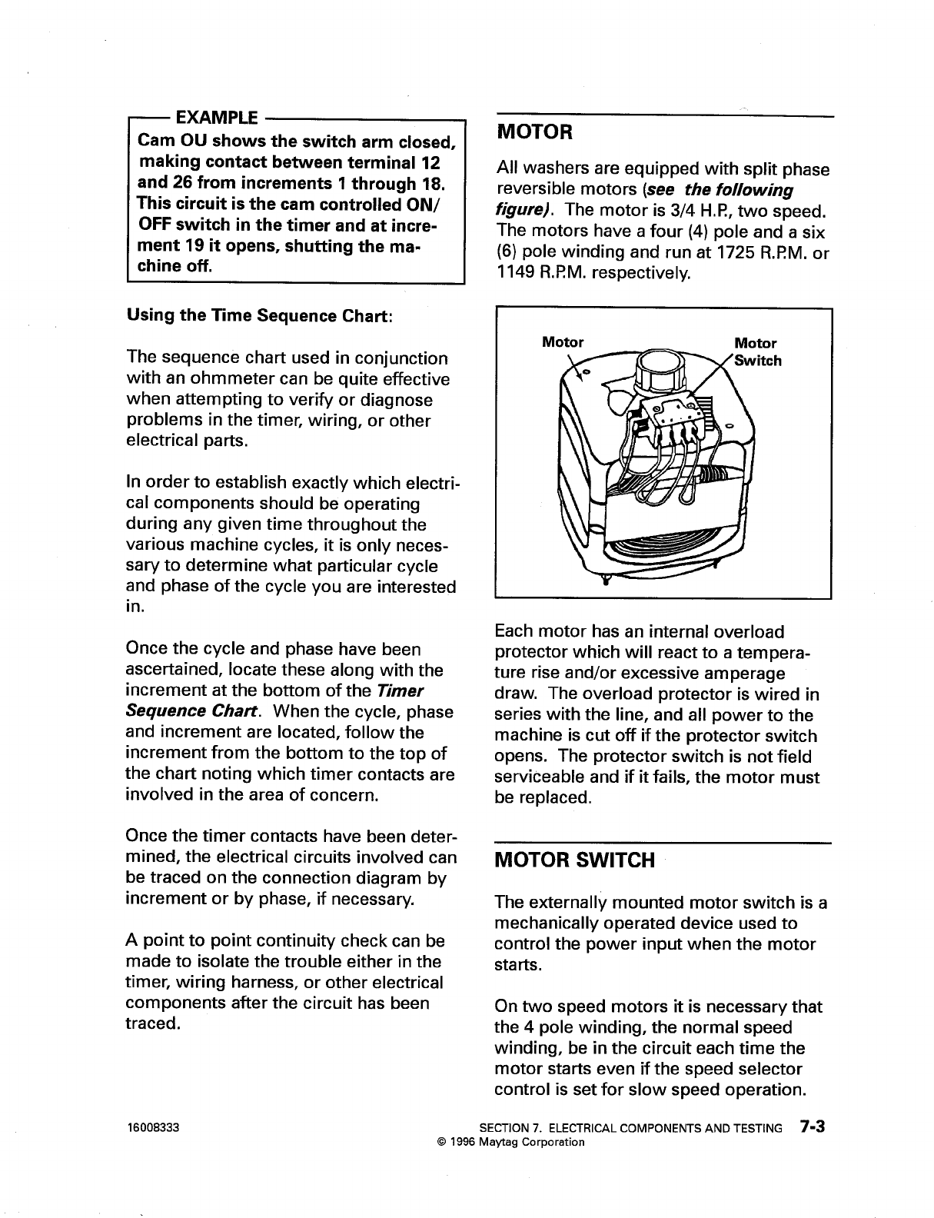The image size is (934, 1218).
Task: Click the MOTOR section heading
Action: pos(534,132)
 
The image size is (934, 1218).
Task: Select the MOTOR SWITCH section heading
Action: pos(575,860)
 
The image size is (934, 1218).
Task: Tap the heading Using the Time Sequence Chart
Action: pos(260,316)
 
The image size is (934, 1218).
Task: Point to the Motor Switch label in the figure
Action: pos(756,352)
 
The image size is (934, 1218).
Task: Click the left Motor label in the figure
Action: pos(563,342)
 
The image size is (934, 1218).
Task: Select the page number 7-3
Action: pos(811,1128)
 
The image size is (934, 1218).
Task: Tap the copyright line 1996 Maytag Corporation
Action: pos(510,1142)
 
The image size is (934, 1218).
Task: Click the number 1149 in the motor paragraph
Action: pos(516,273)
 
